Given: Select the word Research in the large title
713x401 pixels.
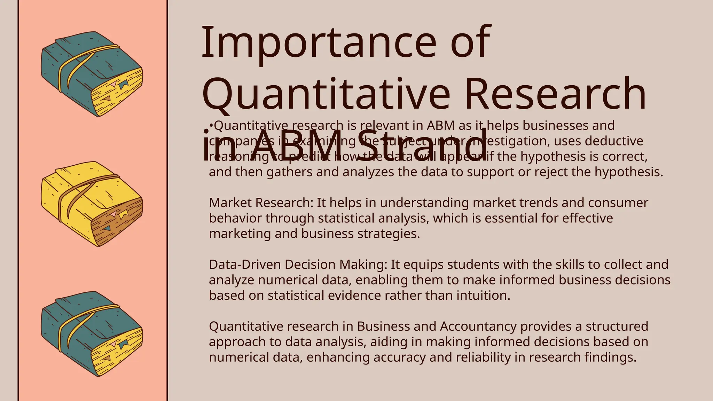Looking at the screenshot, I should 555,94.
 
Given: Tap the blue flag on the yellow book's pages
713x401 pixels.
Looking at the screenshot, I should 107,228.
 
